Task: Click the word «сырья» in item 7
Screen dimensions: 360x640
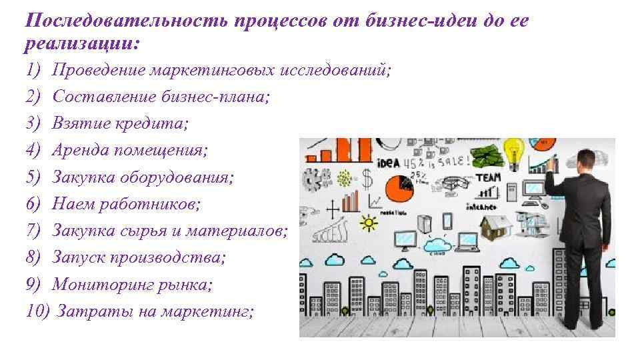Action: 166,231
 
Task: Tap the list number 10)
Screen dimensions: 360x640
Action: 37,311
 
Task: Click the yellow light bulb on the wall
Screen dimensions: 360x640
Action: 514,151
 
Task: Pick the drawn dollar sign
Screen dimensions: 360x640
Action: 367,179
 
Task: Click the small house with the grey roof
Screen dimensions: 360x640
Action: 497,226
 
